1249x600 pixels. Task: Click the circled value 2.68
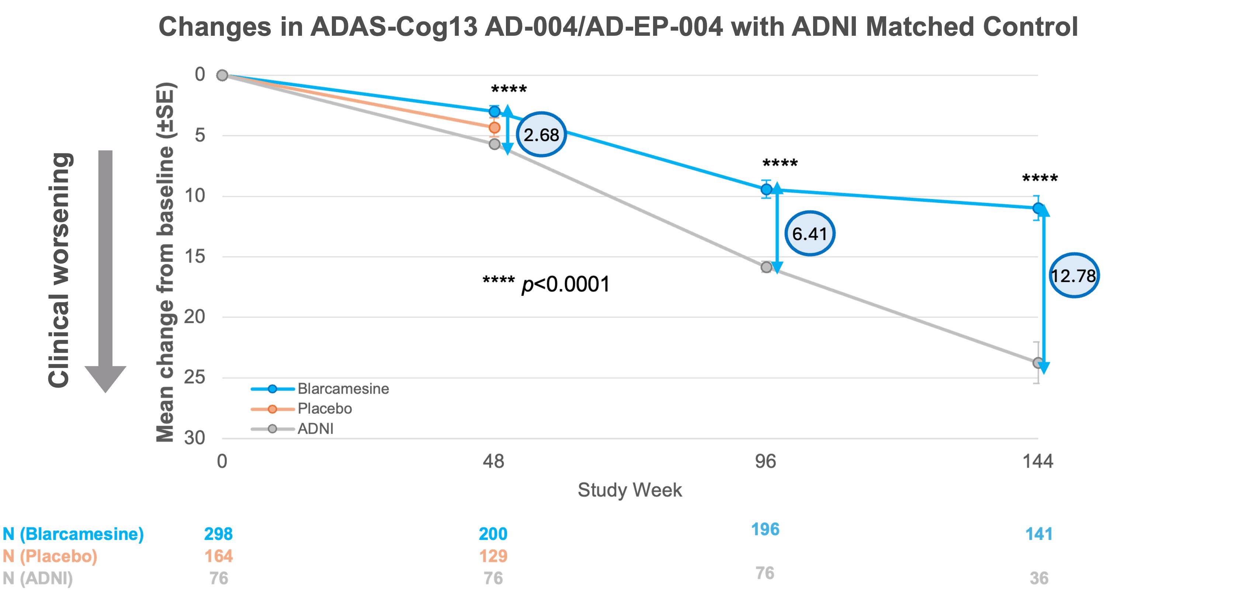[x=541, y=134]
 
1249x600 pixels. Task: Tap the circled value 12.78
[x=1073, y=275]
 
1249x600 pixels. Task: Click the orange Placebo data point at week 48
[x=494, y=128]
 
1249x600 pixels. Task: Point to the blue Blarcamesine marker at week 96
[x=766, y=189]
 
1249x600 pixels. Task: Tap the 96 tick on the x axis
[x=766, y=461]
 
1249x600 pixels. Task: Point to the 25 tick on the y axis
[x=194, y=377]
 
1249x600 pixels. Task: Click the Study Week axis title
[x=629, y=490]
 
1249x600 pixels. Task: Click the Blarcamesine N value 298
[x=218, y=534]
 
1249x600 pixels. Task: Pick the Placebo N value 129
[x=493, y=556]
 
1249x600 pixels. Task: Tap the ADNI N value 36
[x=1038, y=578]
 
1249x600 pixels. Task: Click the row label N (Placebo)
[x=50, y=556]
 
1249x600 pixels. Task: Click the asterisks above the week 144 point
[x=1040, y=179]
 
